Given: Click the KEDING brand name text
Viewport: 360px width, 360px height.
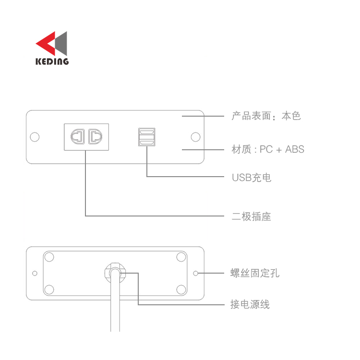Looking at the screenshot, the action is tap(52, 61).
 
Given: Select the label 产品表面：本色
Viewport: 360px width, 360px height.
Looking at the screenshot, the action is tap(266, 116).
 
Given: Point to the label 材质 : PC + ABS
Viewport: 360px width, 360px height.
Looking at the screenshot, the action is tap(268, 149).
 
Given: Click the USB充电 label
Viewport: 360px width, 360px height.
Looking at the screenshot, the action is tap(252, 178).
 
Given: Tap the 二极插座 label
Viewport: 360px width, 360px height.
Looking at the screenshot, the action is tap(252, 216).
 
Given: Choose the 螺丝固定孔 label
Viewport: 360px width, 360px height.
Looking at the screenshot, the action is tap(255, 273).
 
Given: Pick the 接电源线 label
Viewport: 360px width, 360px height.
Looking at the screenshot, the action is tap(250, 304).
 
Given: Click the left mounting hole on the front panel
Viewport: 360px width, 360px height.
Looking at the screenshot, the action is tap(35, 137).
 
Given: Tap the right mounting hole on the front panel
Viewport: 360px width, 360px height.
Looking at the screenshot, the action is tap(196, 137).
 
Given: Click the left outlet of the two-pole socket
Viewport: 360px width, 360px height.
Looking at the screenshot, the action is tap(78, 137).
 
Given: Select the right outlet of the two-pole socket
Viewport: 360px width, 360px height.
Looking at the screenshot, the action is tap(96, 137).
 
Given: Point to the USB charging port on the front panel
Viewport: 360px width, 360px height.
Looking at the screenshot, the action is tap(147, 137).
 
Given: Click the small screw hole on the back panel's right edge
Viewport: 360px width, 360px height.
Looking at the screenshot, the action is tap(196, 273).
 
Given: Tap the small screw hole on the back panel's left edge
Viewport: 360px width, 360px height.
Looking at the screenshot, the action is tap(35, 273).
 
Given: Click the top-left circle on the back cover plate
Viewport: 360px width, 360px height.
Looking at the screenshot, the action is tap(49, 257).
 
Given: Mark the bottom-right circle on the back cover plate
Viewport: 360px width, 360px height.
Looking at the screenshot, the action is tap(181, 290).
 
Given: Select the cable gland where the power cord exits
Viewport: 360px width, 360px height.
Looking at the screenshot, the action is tap(115, 273).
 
